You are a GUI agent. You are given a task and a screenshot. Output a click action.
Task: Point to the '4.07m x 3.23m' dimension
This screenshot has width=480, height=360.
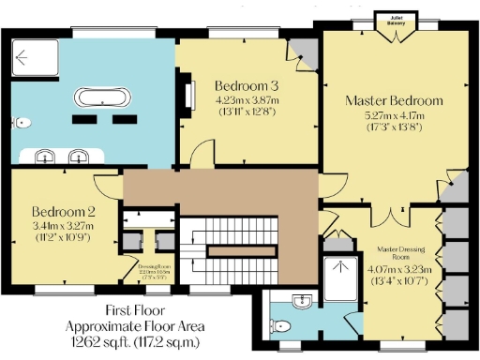click(x=404, y=268)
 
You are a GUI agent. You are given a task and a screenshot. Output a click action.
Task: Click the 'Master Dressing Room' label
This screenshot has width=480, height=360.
click(x=404, y=253)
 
